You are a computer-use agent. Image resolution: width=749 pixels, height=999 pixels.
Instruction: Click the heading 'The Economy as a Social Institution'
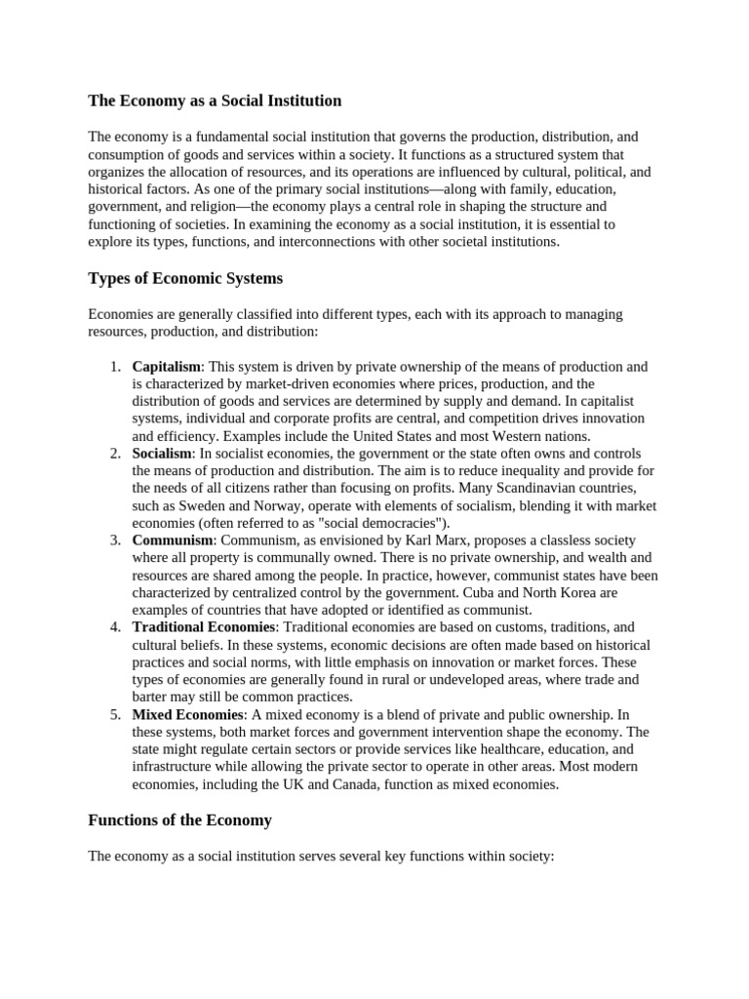pos(215,100)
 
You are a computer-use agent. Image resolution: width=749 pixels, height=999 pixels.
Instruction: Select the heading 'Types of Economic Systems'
pos(185,278)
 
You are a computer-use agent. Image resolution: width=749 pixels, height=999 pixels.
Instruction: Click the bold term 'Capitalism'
pos(167,367)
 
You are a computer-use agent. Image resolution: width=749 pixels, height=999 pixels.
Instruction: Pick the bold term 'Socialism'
pos(162,454)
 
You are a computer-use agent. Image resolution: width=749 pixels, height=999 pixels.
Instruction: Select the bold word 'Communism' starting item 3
pos(173,540)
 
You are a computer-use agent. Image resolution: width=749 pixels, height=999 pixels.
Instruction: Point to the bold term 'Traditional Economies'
pos(205,627)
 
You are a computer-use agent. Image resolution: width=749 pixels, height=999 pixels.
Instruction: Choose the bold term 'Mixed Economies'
pos(187,714)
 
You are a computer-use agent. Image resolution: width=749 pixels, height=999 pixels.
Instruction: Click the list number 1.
pos(114,367)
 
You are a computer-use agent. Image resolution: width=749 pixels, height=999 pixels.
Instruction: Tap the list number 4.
pos(114,627)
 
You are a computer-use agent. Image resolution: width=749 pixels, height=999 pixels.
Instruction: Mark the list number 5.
pos(114,714)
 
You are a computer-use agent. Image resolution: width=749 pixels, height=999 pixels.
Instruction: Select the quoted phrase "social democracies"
pos(380,523)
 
